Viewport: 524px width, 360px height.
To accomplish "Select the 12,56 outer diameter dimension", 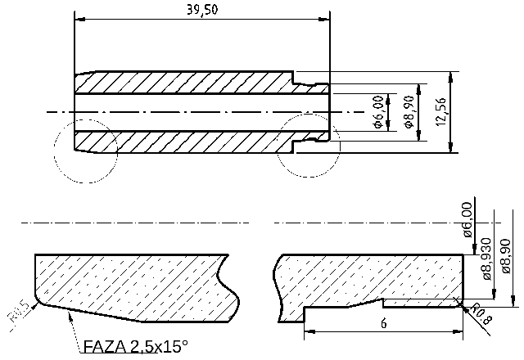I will (x=441, y=111).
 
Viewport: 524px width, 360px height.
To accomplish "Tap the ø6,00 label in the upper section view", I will (x=378, y=112).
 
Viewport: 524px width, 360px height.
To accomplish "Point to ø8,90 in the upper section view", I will (x=409, y=112).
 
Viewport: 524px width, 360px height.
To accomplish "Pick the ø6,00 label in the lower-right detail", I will (x=468, y=219).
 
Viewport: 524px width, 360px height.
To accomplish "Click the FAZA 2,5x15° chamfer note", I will (x=135, y=347).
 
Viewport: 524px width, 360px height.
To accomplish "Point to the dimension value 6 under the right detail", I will (x=384, y=322).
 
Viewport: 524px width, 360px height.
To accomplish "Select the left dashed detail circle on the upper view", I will (x=85, y=151).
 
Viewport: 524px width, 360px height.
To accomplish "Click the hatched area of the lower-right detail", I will (x=368, y=278).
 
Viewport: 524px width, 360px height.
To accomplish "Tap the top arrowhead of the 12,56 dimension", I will (x=451, y=75).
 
